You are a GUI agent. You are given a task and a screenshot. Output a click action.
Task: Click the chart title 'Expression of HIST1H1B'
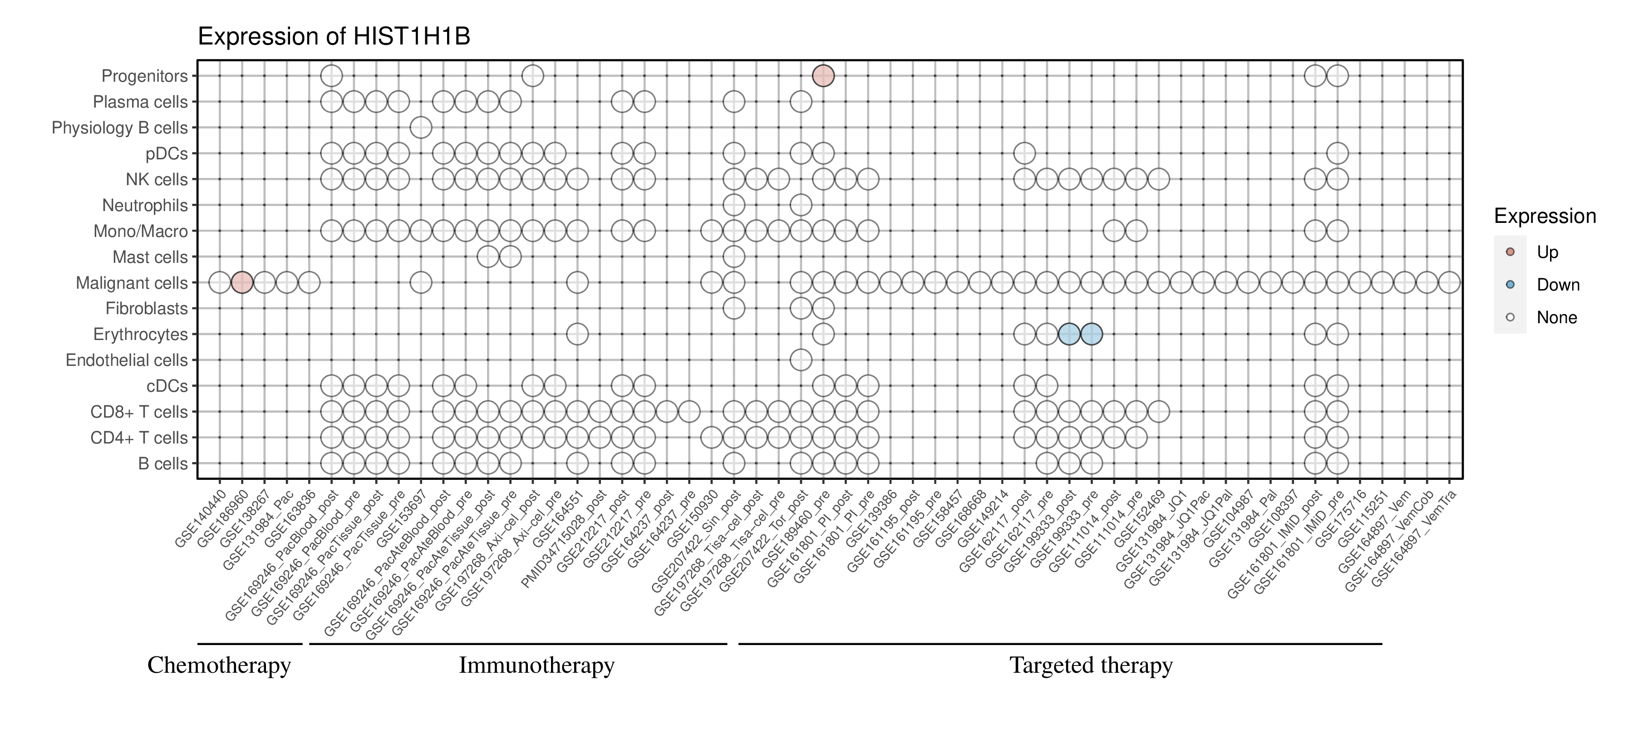pyautogui.click(x=334, y=37)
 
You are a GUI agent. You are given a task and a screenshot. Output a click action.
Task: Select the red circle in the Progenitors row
pyautogui.click(x=823, y=76)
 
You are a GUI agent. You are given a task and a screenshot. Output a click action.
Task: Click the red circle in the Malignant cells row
pyautogui.click(x=241, y=282)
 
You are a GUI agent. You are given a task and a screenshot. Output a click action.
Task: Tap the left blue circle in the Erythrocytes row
pyautogui.click(x=1069, y=334)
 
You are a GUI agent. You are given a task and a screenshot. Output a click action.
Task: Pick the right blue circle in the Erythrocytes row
pyautogui.click(x=1091, y=334)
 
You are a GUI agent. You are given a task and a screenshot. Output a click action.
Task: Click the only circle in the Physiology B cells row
pyautogui.click(x=421, y=128)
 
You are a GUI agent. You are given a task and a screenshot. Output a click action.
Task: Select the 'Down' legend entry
pyautogui.click(x=1557, y=285)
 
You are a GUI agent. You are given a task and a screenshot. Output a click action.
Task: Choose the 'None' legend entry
pyautogui.click(x=1556, y=317)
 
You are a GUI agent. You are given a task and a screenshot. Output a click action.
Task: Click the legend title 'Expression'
pyautogui.click(x=1545, y=216)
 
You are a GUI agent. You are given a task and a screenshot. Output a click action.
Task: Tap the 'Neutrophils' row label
pyautogui.click(x=145, y=206)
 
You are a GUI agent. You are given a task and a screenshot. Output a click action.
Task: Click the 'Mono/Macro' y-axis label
pyautogui.click(x=140, y=232)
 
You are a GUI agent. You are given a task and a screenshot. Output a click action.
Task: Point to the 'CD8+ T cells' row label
pyautogui.click(x=139, y=412)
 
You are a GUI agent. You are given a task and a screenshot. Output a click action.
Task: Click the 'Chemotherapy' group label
pyautogui.click(x=219, y=665)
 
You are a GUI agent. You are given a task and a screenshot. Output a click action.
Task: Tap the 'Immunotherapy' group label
pyautogui.click(x=536, y=665)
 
